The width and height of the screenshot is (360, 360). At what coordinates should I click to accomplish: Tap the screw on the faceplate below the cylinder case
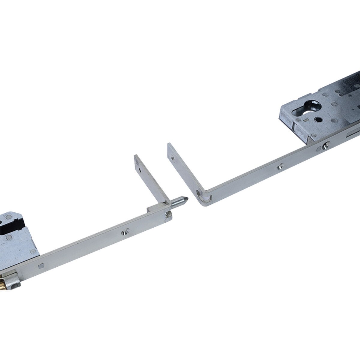325,147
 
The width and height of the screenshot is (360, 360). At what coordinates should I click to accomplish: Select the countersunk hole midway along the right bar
280,166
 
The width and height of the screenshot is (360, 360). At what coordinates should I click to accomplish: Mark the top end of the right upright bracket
169,145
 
